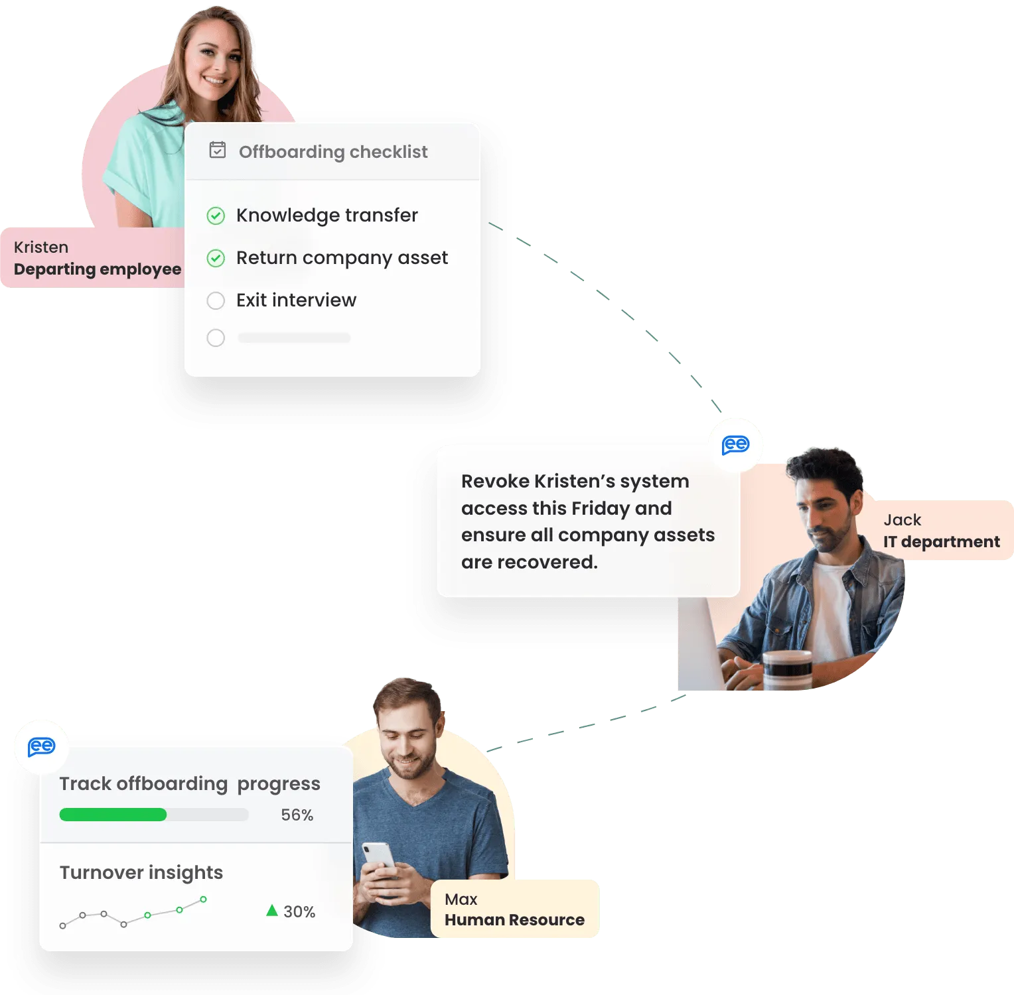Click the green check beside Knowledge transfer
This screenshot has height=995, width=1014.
pos(216,216)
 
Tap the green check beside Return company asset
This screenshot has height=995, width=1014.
pos(216,258)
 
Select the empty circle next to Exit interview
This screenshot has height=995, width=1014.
pos(216,300)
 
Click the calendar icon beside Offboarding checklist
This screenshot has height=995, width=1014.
pos(218,150)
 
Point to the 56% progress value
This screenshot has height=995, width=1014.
pos(297,815)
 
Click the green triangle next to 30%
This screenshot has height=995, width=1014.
pos(271,910)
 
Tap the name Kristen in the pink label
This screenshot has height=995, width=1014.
pos(41,247)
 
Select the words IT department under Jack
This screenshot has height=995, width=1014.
pos(941,542)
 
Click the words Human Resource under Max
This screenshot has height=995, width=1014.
pos(514,920)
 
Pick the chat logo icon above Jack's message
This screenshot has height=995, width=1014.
pos(735,445)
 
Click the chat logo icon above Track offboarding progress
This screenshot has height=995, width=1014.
pos(41,747)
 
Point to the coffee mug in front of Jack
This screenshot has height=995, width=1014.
pos(787,671)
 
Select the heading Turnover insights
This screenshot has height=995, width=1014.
pos(141,873)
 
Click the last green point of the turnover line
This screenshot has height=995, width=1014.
pos(203,899)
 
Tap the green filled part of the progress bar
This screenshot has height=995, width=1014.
pos(113,815)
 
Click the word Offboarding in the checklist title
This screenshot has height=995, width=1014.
pos(291,152)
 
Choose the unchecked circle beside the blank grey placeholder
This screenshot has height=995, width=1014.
pos(216,338)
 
